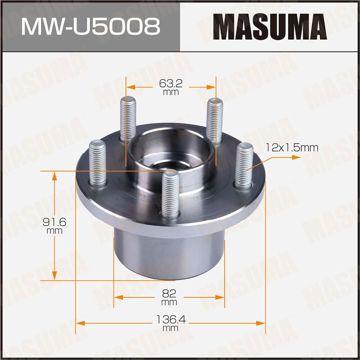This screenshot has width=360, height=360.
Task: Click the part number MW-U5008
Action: (x=90, y=26)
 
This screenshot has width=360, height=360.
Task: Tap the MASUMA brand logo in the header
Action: (x=270, y=26)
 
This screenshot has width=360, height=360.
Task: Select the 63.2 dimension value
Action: (x=171, y=84)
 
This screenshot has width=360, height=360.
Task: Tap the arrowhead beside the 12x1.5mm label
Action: (x=296, y=157)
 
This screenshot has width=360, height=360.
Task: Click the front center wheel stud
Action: (x=170, y=194)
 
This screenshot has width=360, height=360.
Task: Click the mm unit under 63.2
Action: (x=171, y=93)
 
